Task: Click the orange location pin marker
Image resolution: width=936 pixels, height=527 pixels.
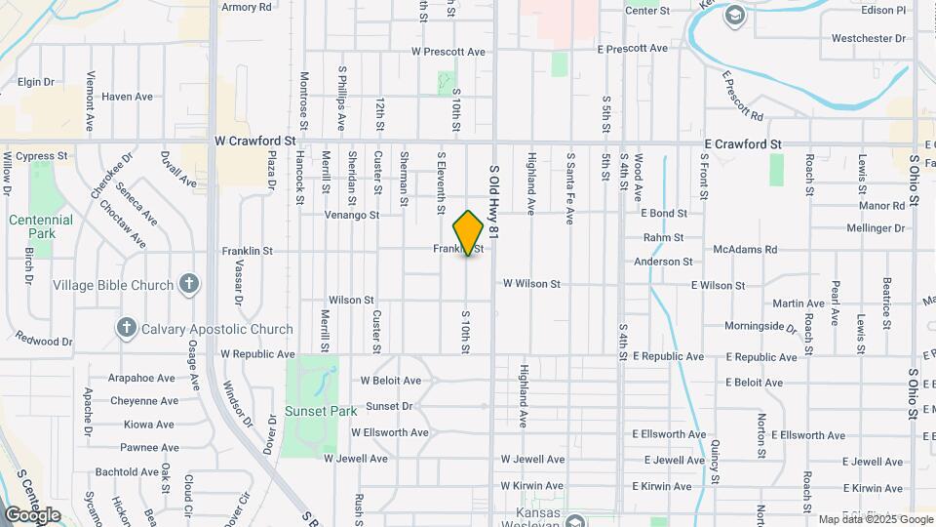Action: click(469, 232)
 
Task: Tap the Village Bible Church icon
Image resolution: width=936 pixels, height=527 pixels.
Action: click(189, 285)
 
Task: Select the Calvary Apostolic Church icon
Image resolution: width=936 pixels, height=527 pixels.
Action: click(126, 329)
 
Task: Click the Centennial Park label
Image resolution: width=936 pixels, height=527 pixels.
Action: click(41, 227)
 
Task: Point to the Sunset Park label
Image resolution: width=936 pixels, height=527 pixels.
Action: click(321, 411)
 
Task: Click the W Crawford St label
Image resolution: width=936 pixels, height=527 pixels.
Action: click(254, 142)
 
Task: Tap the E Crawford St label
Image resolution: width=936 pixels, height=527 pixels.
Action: click(743, 144)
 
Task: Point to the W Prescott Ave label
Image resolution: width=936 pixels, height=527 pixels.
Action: click(448, 51)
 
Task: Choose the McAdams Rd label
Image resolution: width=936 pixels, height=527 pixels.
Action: click(745, 250)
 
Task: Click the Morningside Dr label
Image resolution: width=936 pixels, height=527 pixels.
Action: click(760, 326)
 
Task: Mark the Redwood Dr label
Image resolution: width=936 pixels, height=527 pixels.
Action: click(44, 342)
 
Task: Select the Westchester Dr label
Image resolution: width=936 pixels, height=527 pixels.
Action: click(869, 39)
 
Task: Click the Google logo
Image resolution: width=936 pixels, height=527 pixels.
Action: click(32, 514)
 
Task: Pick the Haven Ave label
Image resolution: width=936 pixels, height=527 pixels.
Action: click(128, 97)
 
